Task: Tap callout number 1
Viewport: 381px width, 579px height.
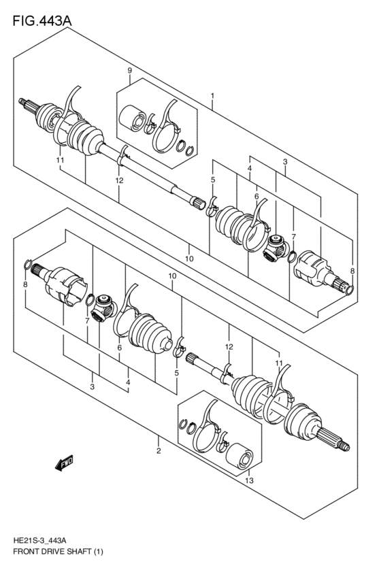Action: [x=213, y=96]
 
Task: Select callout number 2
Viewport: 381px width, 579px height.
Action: [x=159, y=450]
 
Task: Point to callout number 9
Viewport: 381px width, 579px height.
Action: [x=129, y=71]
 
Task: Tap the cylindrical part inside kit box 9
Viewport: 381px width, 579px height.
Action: [x=131, y=120]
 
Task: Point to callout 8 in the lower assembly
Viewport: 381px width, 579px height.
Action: [x=25, y=284]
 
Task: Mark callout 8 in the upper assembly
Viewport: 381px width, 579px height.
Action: [x=352, y=271]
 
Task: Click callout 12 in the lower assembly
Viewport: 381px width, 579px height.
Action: [x=230, y=347]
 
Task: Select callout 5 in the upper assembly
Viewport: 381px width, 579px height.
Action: [x=213, y=180]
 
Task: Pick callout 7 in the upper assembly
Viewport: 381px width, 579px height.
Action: [x=293, y=236]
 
